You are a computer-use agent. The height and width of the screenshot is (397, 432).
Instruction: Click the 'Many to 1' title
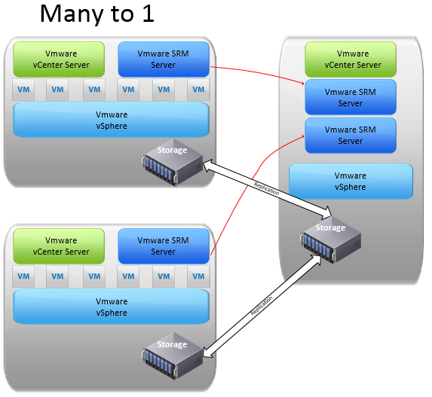pyautogui.click(x=97, y=14)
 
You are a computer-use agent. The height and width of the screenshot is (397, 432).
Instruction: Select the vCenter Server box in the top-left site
pyautogui.click(x=59, y=60)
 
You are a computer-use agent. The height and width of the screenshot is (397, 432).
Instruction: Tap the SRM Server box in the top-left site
pyautogui.click(x=164, y=60)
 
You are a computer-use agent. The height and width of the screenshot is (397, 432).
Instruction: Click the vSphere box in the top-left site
pyautogui.click(x=112, y=120)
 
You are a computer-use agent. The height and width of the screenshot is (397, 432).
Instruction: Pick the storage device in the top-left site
pyautogui.click(x=173, y=163)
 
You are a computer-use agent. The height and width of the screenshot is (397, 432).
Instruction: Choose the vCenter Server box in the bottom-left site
pyautogui.click(x=59, y=246)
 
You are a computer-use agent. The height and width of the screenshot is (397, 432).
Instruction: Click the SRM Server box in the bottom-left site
pyautogui.click(x=164, y=246)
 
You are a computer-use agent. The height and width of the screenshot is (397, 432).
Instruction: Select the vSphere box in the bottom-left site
pyautogui.click(x=112, y=307)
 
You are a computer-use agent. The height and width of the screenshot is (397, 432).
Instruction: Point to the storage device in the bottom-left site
pyautogui.click(x=173, y=356)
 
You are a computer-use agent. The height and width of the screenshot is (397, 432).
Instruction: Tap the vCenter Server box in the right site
pyautogui.click(x=351, y=60)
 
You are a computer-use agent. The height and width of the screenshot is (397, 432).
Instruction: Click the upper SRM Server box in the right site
pyautogui.click(x=351, y=97)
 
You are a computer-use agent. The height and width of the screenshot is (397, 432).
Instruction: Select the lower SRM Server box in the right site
pyautogui.click(x=351, y=135)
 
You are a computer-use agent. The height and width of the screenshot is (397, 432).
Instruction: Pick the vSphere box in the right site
pyautogui.click(x=351, y=182)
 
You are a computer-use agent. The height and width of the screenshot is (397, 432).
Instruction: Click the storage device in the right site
pyautogui.click(x=331, y=240)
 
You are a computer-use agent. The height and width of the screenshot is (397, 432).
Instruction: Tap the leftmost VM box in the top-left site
pyautogui.click(x=23, y=90)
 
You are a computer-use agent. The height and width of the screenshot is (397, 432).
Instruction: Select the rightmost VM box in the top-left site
pyautogui.click(x=198, y=90)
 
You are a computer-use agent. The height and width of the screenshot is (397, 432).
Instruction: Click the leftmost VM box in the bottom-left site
pyautogui.click(x=23, y=276)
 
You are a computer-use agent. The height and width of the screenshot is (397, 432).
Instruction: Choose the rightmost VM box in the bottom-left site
pyautogui.click(x=198, y=276)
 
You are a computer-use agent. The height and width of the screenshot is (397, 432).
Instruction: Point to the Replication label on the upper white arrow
pyautogui.click(x=266, y=189)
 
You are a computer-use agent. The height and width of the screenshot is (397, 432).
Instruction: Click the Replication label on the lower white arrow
pyautogui.click(x=262, y=306)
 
